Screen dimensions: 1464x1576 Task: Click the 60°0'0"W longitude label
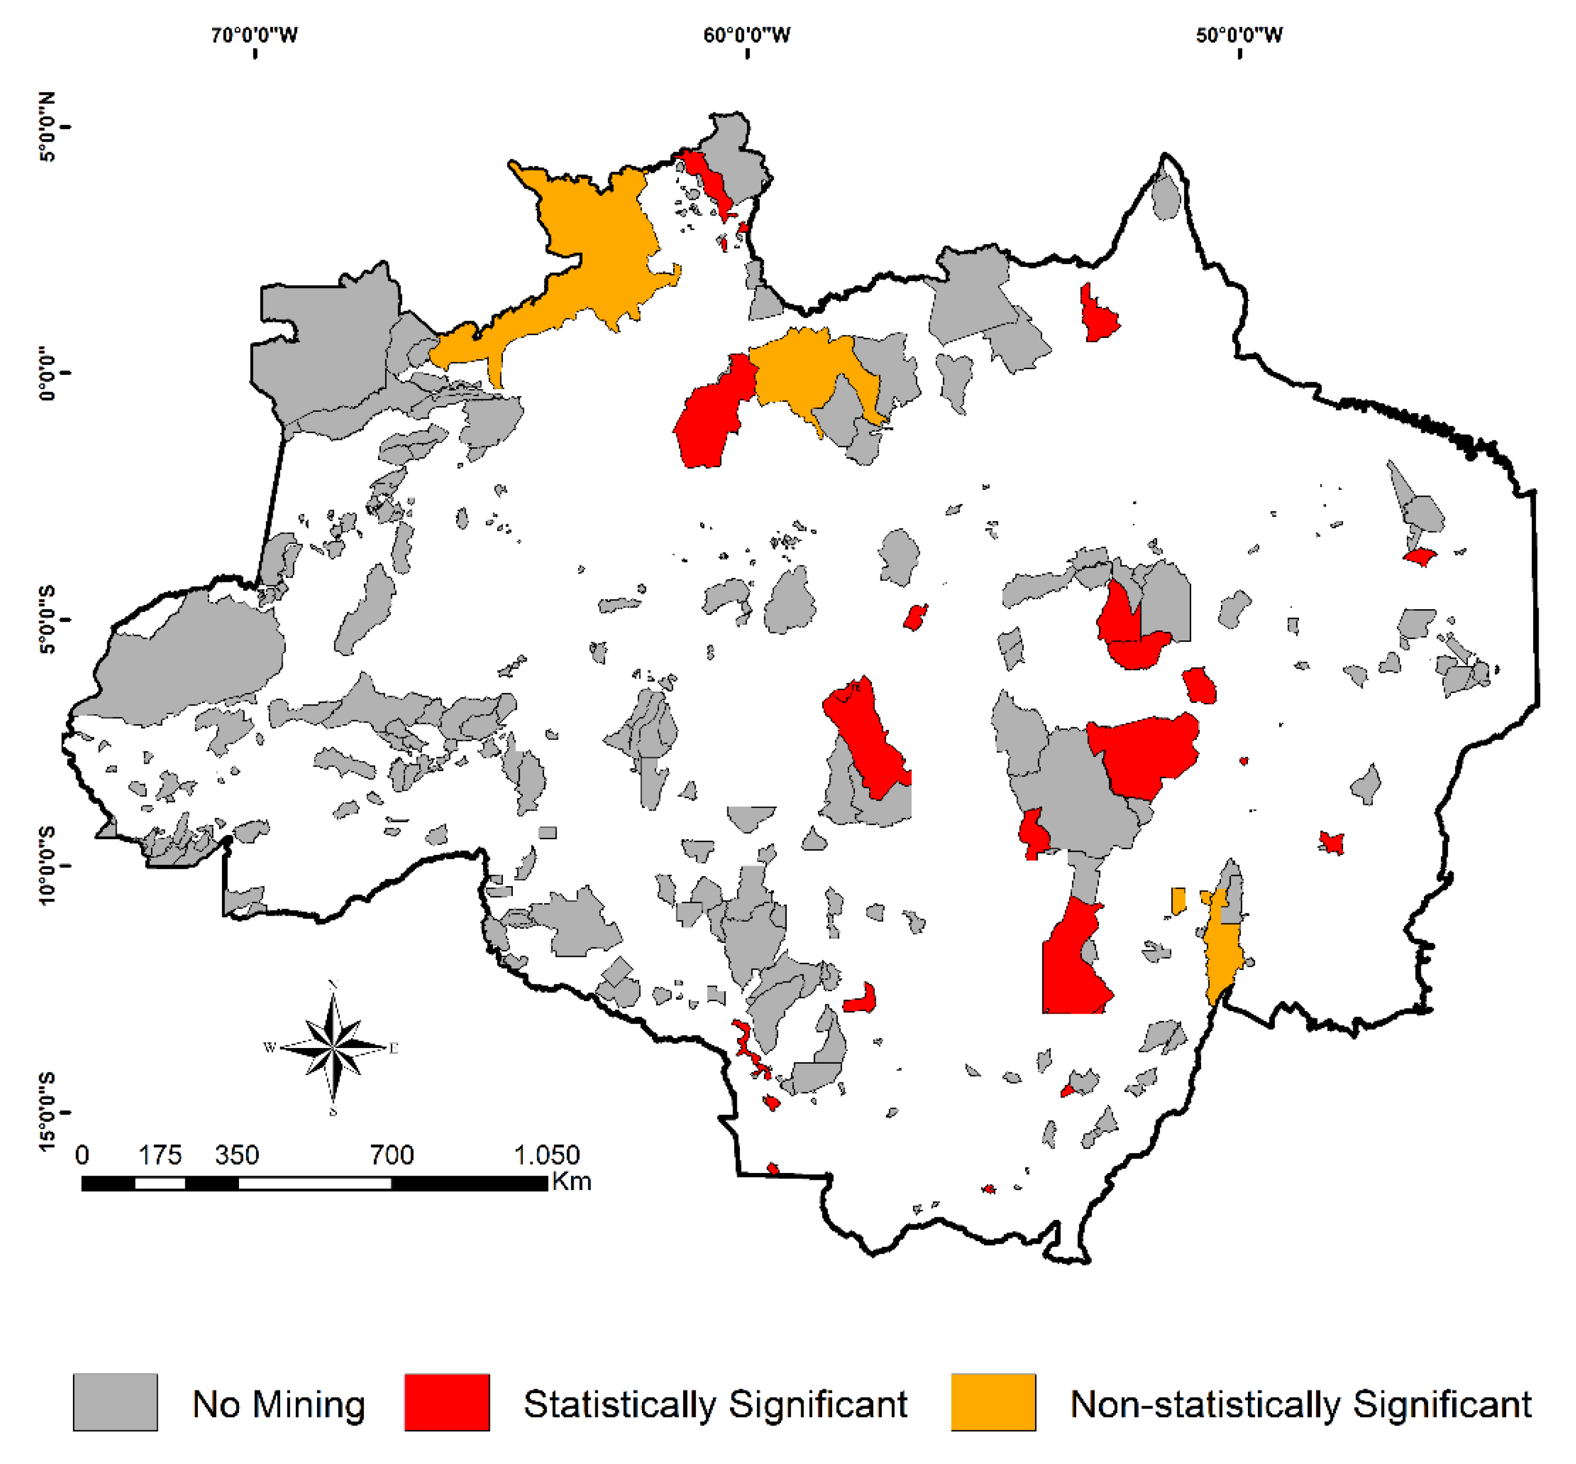(747, 35)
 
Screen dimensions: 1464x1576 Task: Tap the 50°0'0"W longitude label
(1239, 35)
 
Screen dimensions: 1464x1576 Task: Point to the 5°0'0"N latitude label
(47, 127)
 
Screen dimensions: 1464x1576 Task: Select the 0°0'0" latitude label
(47, 372)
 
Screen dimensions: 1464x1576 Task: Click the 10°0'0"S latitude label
(47, 865)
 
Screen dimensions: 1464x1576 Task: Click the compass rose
(333, 1047)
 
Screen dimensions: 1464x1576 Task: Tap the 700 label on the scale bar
(392, 1155)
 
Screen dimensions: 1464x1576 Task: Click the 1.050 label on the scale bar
(547, 1155)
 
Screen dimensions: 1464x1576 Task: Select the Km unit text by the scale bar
(571, 1181)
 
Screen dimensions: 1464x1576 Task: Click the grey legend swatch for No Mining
(115, 1402)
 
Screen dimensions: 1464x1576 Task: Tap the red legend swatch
(446, 1402)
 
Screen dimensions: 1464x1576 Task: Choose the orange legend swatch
(993, 1402)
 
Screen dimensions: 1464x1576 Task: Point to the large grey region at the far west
(190, 658)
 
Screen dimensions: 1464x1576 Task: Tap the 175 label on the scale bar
(160, 1155)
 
